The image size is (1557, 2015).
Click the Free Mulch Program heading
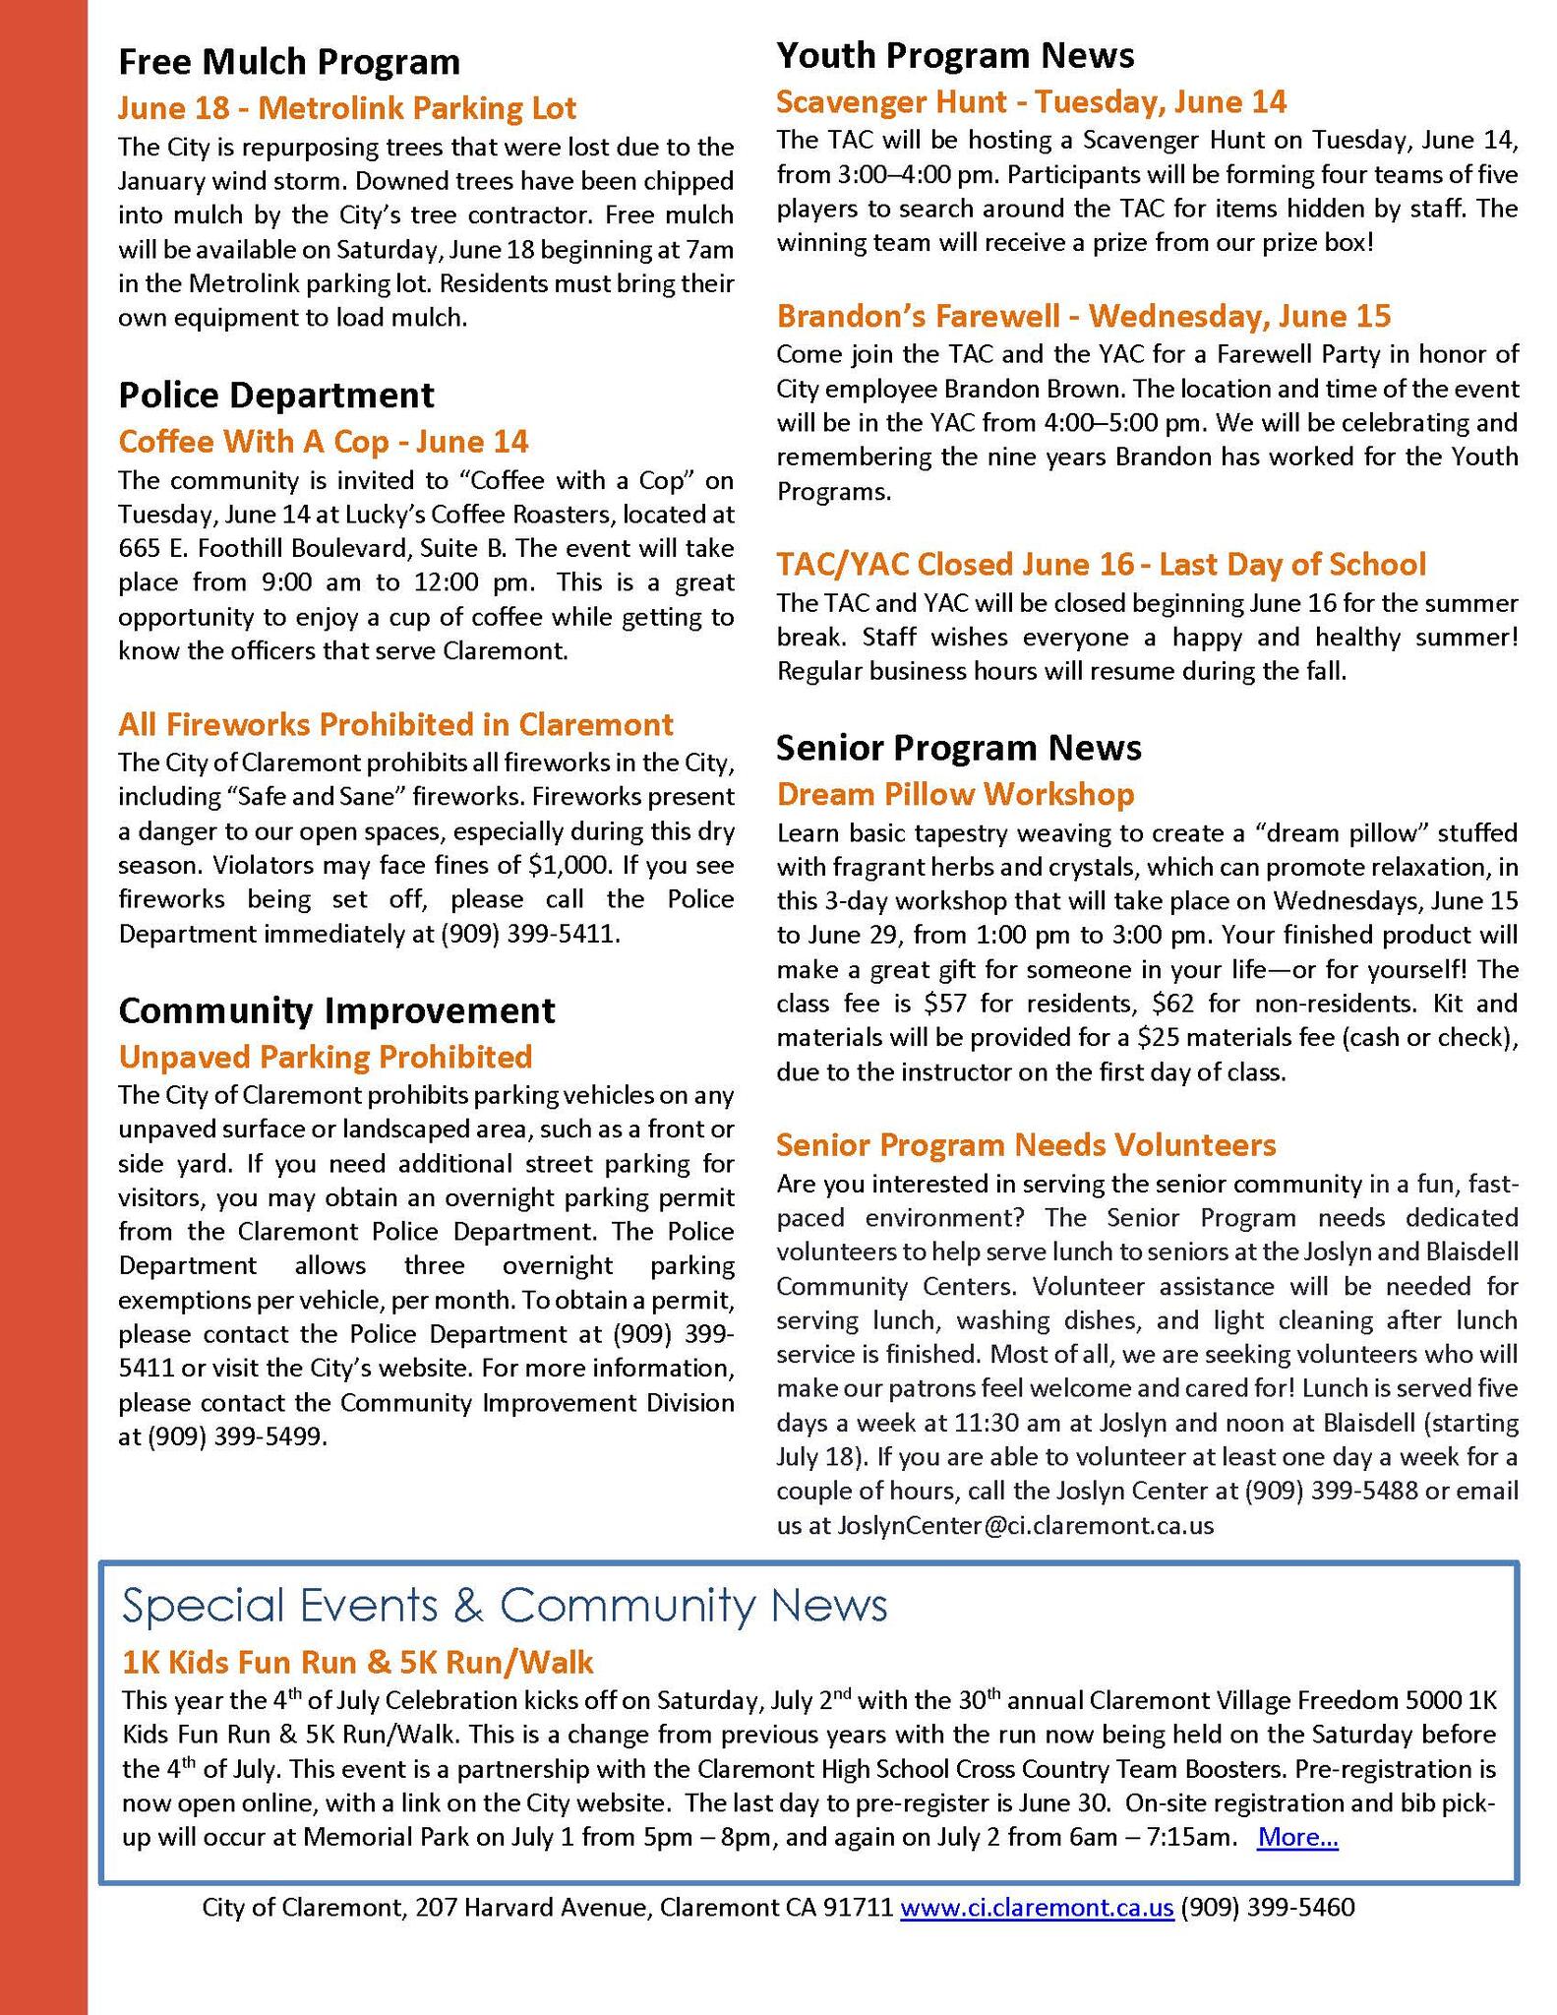coord(289,62)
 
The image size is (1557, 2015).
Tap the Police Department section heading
coord(276,396)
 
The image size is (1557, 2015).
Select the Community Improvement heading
coord(336,1010)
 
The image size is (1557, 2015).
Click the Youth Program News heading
coord(955,55)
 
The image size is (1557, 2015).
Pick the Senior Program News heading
coord(959,748)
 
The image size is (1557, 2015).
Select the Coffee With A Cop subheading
coord(324,442)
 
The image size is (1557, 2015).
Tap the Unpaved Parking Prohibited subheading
coord(325,1057)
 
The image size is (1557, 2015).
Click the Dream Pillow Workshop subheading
coord(955,794)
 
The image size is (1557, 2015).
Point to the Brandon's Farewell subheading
coord(1084,316)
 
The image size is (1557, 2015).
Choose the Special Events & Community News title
coord(505,1605)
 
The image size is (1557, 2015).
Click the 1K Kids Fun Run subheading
coord(358,1662)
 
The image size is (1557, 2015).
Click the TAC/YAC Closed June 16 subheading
coord(1101,564)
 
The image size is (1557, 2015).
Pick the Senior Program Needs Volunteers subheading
coord(1026,1144)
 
